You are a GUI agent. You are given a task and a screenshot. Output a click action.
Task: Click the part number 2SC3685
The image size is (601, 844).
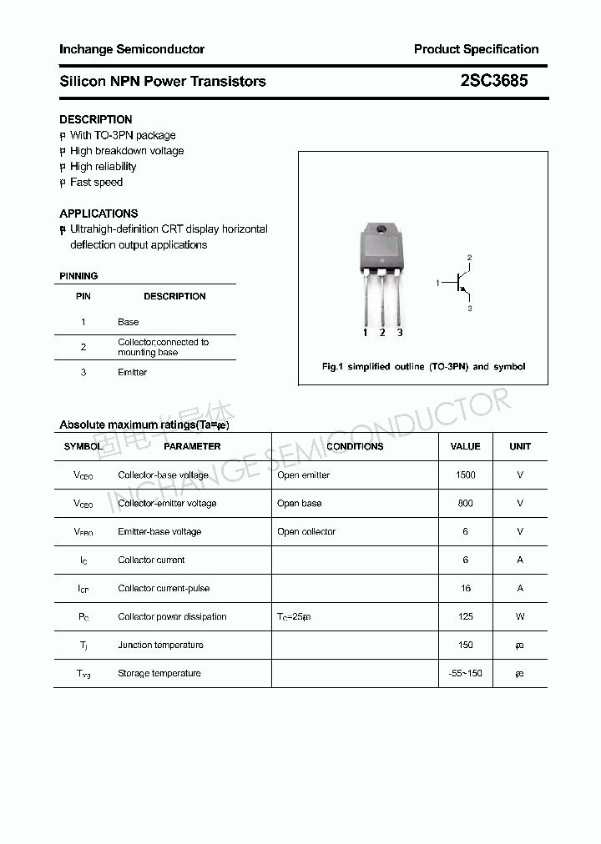(494, 81)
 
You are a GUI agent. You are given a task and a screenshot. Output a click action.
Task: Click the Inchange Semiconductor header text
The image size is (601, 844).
(132, 49)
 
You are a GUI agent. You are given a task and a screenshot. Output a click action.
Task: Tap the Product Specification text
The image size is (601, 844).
(476, 49)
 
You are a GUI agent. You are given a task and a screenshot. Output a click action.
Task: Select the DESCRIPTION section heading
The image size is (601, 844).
(96, 119)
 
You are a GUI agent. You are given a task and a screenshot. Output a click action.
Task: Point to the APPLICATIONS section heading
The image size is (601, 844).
(98, 214)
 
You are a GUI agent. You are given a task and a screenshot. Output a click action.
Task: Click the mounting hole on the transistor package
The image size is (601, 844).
(381, 230)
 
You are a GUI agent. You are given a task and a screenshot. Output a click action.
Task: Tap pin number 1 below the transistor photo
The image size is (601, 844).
(365, 333)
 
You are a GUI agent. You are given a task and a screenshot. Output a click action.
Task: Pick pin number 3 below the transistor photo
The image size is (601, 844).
(400, 333)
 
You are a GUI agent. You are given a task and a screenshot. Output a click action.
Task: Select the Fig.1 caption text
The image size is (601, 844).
(423, 367)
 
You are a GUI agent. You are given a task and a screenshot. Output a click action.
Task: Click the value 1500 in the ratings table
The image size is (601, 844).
(465, 475)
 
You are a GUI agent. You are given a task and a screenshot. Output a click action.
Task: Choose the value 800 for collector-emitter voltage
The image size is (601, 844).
(465, 503)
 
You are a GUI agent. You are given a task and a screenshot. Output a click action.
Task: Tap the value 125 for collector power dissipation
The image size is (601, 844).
(465, 616)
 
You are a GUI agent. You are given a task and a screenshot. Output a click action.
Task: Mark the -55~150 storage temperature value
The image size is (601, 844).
(465, 673)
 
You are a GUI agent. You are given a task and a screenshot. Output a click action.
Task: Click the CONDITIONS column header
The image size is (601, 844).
(355, 446)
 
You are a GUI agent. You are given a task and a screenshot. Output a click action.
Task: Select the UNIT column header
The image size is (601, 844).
(520, 446)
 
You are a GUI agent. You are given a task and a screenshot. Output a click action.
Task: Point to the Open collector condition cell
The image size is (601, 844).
(306, 531)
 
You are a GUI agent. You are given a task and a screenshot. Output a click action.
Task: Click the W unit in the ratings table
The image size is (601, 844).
(520, 616)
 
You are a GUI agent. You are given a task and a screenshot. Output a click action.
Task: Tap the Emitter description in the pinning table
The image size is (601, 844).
(132, 372)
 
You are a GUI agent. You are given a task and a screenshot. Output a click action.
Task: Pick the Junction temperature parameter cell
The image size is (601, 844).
(160, 645)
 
